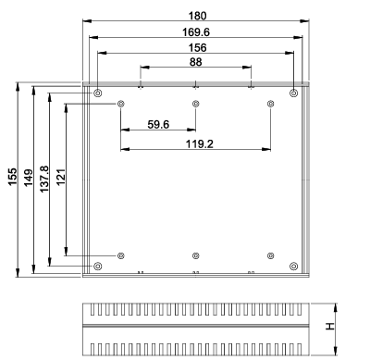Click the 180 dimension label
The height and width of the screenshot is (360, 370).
pyautogui.click(x=197, y=16)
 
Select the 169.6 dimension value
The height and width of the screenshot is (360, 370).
pyautogui.click(x=196, y=31)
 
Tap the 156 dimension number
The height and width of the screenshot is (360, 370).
pyautogui.click(x=197, y=48)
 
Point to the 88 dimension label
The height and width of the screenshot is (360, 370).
pyautogui.click(x=196, y=62)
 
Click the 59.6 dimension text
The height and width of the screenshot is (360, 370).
pyautogui.click(x=158, y=124)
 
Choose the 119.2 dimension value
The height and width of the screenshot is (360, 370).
pyautogui.click(x=199, y=143)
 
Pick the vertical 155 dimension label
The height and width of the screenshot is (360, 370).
pyautogui.click(x=12, y=177)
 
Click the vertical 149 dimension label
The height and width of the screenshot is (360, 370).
pyautogui.click(x=28, y=178)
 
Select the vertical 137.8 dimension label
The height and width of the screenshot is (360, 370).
pyautogui.click(x=44, y=179)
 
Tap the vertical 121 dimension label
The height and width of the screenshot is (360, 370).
pyautogui.click(x=61, y=177)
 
